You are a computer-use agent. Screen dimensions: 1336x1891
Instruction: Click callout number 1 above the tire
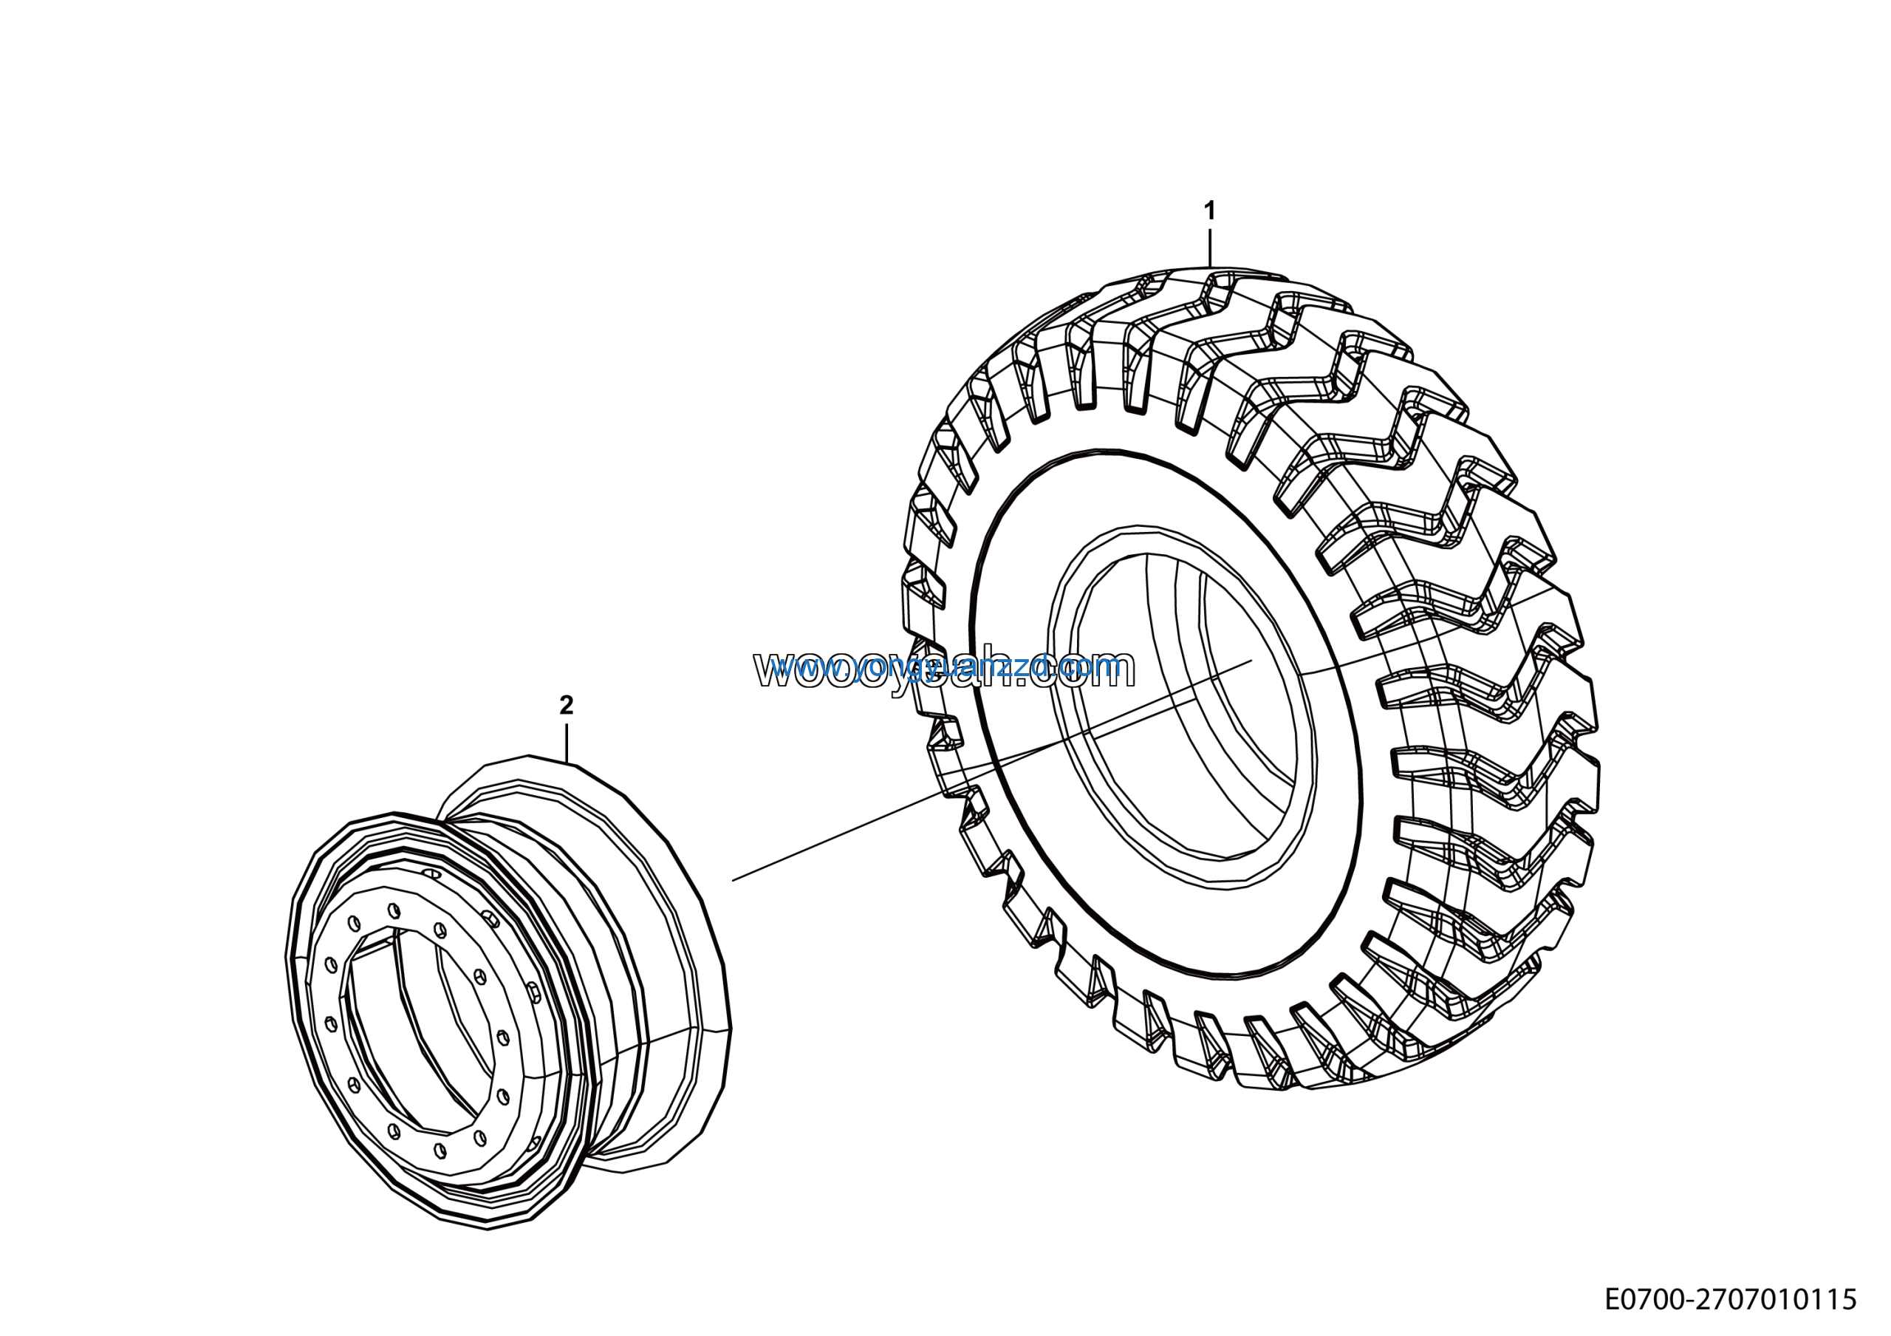(1209, 211)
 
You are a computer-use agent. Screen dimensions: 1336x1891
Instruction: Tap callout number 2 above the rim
(566, 704)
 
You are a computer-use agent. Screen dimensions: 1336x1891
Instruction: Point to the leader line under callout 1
(1209, 247)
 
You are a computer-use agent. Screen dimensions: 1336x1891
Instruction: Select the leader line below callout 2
(567, 741)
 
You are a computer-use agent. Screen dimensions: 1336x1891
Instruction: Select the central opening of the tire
(1186, 709)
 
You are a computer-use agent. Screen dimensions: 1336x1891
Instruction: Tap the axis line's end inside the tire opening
(1251, 660)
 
